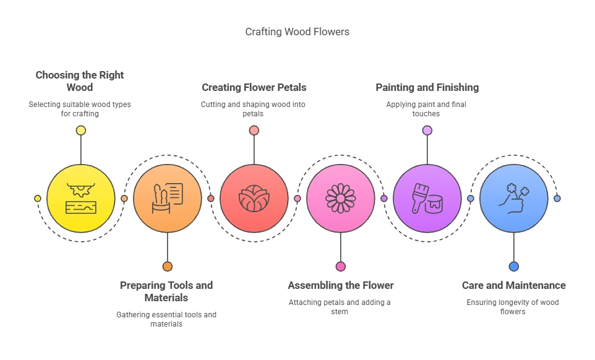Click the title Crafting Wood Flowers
coord(297,32)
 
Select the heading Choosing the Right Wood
coord(80,81)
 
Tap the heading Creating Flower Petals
coord(254,87)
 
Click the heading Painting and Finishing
coord(427,87)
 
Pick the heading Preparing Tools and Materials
coord(166,291)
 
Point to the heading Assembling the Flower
coord(340,285)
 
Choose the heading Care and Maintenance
coord(513,285)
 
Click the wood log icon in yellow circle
coord(81,199)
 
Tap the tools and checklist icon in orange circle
coord(168,199)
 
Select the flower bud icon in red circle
coord(254,199)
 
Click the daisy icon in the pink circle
coord(341,199)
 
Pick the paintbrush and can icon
coord(427,199)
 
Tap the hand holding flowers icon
coord(514,199)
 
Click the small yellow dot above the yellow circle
coord(81,131)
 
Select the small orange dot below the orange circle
coord(168,267)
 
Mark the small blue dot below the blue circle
coord(514,267)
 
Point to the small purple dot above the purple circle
coord(427,131)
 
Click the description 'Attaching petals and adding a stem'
coord(340,307)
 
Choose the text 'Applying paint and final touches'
coord(426,109)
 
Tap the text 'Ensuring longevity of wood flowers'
coord(513,307)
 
